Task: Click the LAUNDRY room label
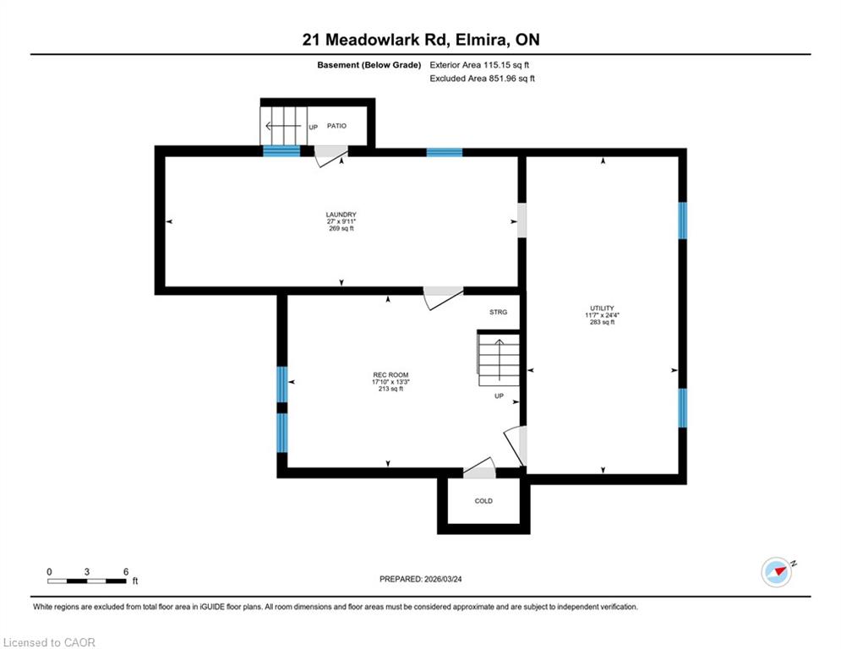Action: (341, 215)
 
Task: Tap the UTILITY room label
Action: (602, 308)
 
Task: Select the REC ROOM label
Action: (390, 375)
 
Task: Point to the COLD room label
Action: (483, 501)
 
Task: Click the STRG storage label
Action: (499, 312)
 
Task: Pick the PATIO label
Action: (337, 126)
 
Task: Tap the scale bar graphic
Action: (87, 581)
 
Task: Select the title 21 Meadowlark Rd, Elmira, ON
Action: (421, 40)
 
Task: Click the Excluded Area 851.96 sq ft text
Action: (482, 79)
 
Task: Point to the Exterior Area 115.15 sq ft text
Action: (479, 65)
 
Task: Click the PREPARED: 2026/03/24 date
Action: (421, 579)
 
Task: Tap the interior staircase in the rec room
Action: (499, 359)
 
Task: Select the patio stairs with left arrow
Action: (284, 126)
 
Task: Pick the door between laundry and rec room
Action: (443, 297)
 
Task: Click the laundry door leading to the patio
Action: (331, 155)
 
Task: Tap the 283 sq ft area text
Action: (602, 322)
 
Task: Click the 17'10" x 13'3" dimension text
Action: (390, 382)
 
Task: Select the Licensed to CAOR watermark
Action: (49, 642)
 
